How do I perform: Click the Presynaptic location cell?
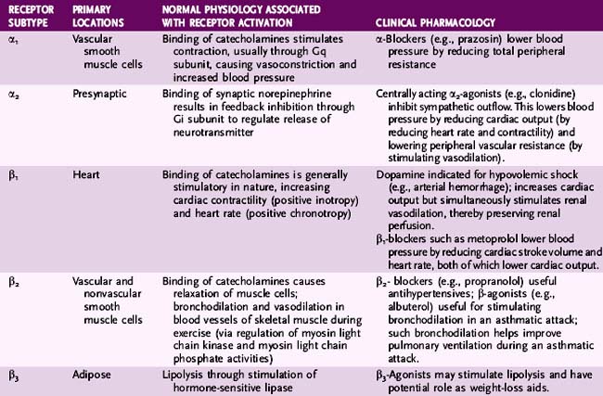coord(96,95)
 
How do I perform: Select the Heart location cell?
coord(85,173)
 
